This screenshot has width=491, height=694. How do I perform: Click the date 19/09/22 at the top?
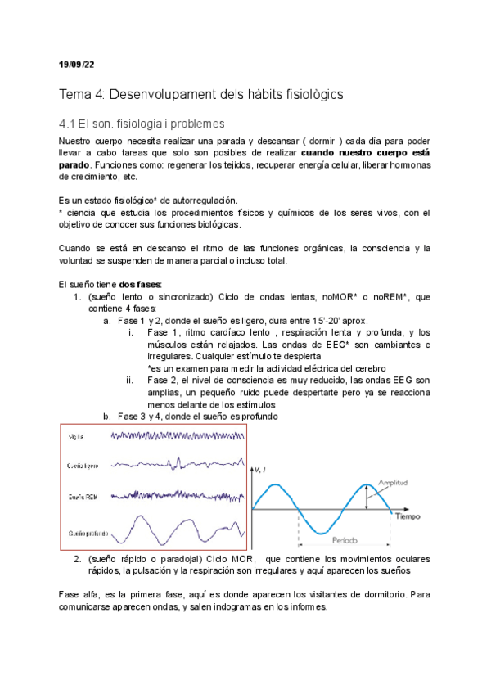78,64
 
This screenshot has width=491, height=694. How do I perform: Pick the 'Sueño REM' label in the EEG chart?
85,496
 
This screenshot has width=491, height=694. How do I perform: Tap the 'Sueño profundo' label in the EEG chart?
86,533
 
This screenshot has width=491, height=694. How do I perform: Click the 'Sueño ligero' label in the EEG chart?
85,465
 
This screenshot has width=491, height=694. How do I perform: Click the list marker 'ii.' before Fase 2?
130,380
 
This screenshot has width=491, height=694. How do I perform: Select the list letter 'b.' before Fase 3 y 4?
107,416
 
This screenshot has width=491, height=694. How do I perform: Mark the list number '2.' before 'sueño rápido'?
76,559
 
